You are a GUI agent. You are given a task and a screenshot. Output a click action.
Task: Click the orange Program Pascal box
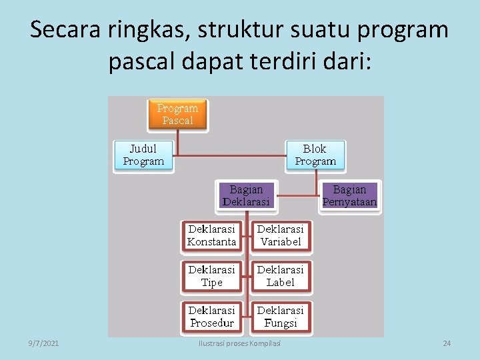(x=177, y=114)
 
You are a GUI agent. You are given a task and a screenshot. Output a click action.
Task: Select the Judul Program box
(x=143, y=155)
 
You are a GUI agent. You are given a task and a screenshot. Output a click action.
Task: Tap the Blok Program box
(x=315, y=155)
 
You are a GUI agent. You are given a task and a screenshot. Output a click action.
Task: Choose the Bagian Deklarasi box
(x=246, y=195)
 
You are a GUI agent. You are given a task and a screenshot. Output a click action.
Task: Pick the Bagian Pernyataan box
(x=349, y=195)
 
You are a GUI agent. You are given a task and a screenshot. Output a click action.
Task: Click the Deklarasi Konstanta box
(x=212, y=235)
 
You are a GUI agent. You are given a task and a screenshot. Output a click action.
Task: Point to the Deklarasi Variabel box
(x=281, y=235)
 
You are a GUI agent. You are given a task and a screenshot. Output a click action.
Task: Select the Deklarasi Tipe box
(x=212, y=276)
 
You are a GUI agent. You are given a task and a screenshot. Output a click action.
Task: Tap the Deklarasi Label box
(x=281, y=276)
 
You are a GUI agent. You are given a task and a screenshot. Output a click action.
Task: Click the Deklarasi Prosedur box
(x=212, y=317)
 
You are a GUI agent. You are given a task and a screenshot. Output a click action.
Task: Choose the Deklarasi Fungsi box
(x=281, y=317)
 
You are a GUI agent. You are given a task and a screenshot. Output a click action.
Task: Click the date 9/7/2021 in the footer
(x=43, y=343)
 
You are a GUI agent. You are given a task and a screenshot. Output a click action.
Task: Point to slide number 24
(x=447, y=343)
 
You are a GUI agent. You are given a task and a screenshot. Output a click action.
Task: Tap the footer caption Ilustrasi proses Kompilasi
(x=240, y=343)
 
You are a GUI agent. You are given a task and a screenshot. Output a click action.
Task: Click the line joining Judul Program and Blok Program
(x=227, y=157)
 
